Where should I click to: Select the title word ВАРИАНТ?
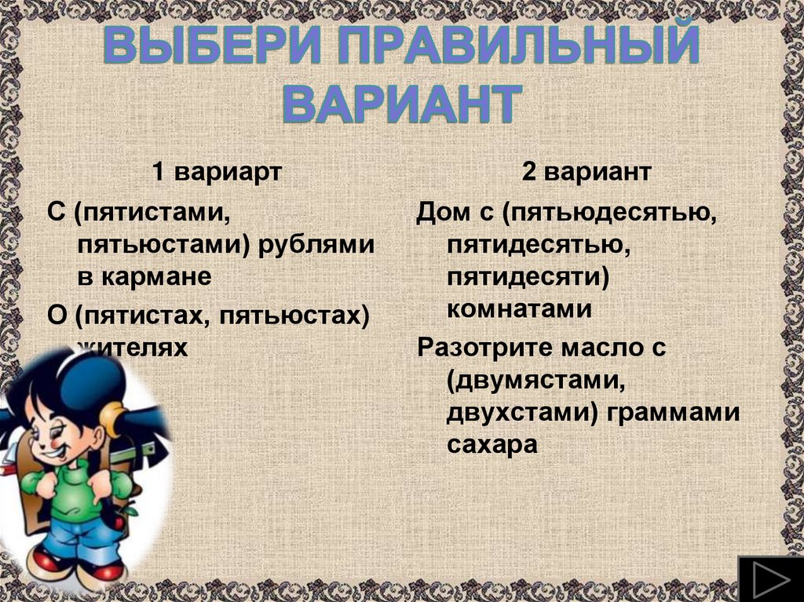click(x=401, y=104)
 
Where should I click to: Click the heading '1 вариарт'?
click(x=216, y=173)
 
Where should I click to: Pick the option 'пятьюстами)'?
click(x=164, y=245)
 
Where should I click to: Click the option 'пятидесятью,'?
click(x=531, y=246)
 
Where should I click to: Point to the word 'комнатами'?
click(x=519, y=309)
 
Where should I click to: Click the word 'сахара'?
click(x=492, y=445)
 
